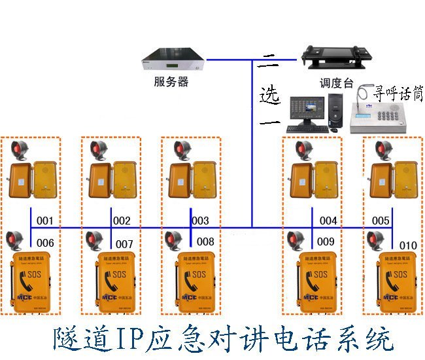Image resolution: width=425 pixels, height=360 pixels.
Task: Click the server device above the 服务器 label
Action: coord(173,61)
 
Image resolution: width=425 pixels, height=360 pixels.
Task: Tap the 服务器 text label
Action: coord(171,82)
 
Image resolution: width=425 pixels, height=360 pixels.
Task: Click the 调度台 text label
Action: coord(337,83)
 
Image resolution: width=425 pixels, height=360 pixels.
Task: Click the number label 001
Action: coord(44,221)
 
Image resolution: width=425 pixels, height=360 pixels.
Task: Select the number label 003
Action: coord(200,221)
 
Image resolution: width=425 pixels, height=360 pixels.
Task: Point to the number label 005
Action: coord(381,221)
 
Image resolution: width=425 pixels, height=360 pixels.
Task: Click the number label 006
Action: coord(44,243)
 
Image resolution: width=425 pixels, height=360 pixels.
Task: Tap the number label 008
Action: coord(205,242)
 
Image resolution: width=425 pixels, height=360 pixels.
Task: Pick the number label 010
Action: coord(407,245)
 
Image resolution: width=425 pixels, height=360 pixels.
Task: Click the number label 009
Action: coord(326,242)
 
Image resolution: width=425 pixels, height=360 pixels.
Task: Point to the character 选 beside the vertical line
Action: coord(269,94)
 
